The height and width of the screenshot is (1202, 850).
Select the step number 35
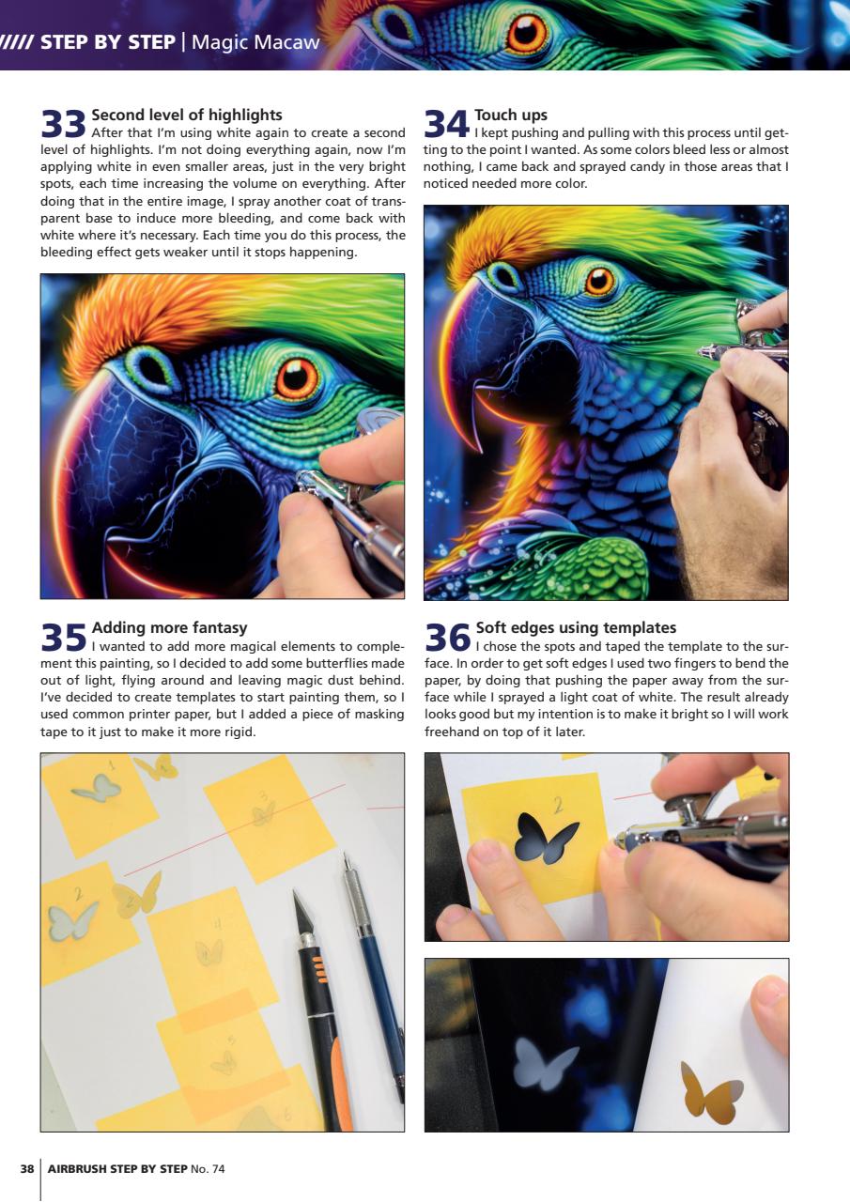pos(63,639)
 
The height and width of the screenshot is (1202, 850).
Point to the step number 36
pos(447,639)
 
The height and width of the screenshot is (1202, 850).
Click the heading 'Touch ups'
pos(511,116)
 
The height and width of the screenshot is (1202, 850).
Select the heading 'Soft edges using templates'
pos(575,627)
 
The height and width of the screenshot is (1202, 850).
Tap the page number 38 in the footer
pos(27,1169)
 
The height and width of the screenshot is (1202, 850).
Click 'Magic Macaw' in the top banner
pos(255,42)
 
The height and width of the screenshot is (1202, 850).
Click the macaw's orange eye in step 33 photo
pos(297,378)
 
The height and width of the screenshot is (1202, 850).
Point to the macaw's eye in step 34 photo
pos(599,280)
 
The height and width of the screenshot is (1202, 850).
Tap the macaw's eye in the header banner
pos(526,32)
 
